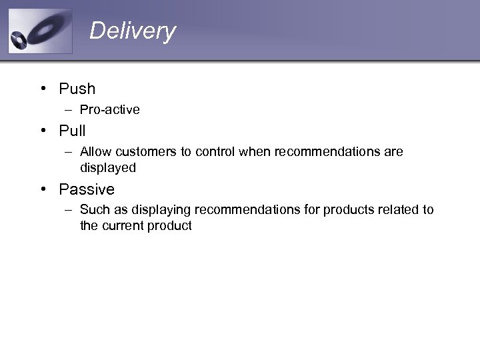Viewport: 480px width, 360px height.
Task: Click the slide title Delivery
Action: [132, 31]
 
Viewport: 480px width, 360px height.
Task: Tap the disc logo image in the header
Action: [40, 31]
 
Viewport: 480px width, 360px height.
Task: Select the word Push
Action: [77, 89]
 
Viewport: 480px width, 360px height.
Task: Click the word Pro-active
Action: [109, 109]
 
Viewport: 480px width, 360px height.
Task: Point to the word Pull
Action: [72, 131]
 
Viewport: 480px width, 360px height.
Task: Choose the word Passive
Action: [87, 189]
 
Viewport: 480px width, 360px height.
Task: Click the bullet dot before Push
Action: [42, 89]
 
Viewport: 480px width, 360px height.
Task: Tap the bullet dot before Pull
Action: [42, 131]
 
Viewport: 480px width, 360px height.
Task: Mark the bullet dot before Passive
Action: [42, 189]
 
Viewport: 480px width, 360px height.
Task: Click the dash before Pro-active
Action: [69, 109]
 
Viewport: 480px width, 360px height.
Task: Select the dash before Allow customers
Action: [69, 152]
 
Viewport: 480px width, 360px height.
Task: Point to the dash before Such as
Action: [69, 210]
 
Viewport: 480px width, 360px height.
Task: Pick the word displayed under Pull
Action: [107, 167]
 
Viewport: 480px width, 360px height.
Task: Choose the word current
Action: [124, 225]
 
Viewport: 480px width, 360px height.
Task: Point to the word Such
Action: [94, 210]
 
